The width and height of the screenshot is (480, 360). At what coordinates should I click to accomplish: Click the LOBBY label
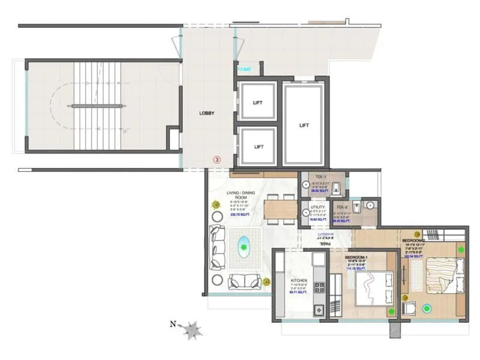207,113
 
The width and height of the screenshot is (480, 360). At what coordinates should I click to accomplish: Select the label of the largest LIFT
304,125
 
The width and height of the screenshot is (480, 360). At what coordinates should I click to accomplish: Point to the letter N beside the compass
173,325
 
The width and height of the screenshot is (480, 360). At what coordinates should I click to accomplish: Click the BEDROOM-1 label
357,257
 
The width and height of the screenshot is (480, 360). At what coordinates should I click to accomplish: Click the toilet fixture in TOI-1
337,188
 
